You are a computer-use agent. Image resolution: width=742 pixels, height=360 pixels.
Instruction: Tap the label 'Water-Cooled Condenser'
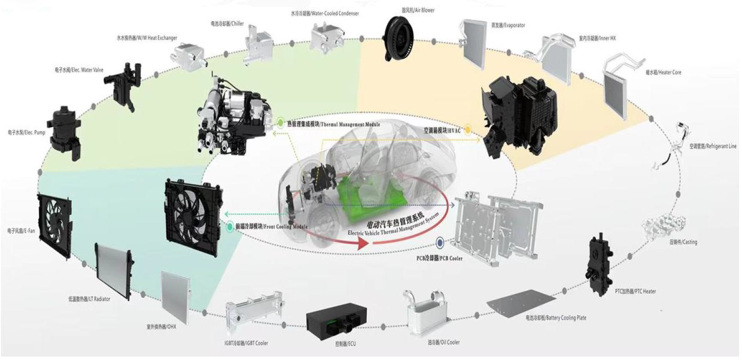tap(325, 13)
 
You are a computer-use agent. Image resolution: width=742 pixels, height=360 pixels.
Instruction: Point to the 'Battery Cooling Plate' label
tap(556, 318)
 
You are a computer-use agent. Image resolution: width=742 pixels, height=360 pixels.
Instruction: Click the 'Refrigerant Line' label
tap(713, 146)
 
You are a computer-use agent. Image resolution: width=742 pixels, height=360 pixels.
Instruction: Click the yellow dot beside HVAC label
tap(467, 131)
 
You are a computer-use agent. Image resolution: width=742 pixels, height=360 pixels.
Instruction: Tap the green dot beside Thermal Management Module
tap(281, 123)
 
